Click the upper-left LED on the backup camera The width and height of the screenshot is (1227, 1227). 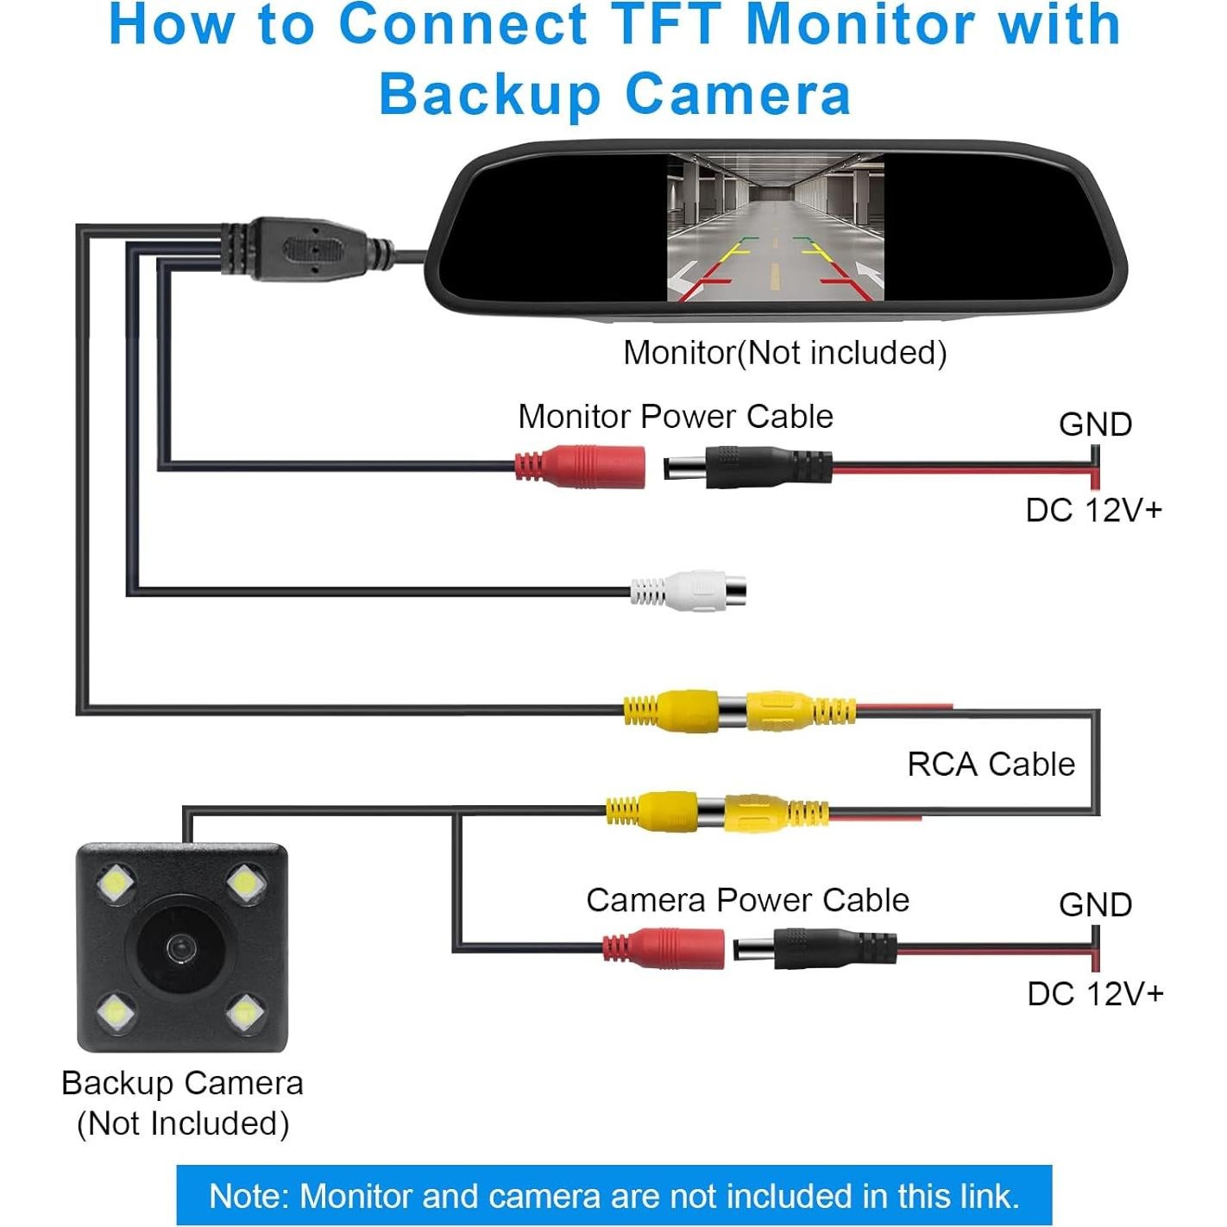tap(116, 884)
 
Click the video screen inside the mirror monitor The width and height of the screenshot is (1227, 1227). tap(776, 228)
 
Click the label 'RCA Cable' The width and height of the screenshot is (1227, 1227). tap(991, 765)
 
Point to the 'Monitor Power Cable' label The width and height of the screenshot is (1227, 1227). tap(676, 417)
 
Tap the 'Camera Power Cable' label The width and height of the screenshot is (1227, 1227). tap(747, 900)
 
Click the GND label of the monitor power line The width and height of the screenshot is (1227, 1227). tap(1095, 425)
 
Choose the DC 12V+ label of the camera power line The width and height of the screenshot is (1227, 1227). tap(1095, 994)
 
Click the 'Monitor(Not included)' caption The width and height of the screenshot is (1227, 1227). tap(785, 353)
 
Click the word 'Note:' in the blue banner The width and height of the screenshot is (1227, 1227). tap(249, 1196)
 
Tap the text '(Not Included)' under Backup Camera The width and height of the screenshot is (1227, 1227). tap(183, 1123)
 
